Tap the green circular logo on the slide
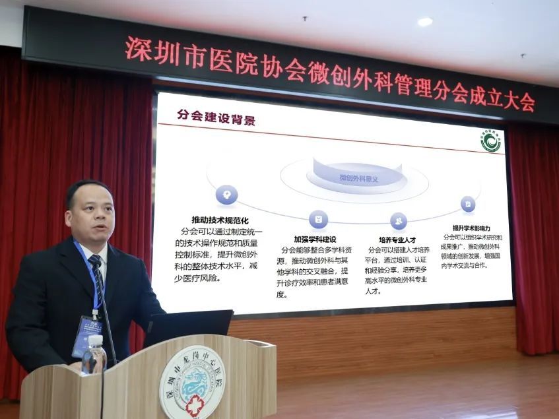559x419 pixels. pos(490,141)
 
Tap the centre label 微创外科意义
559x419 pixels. pos(358,178)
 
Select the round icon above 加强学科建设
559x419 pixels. pos(318,219)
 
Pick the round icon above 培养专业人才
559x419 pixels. pos(398,220)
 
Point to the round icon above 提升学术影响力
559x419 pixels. pos(468,205)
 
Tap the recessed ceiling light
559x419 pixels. pos(425,22)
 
